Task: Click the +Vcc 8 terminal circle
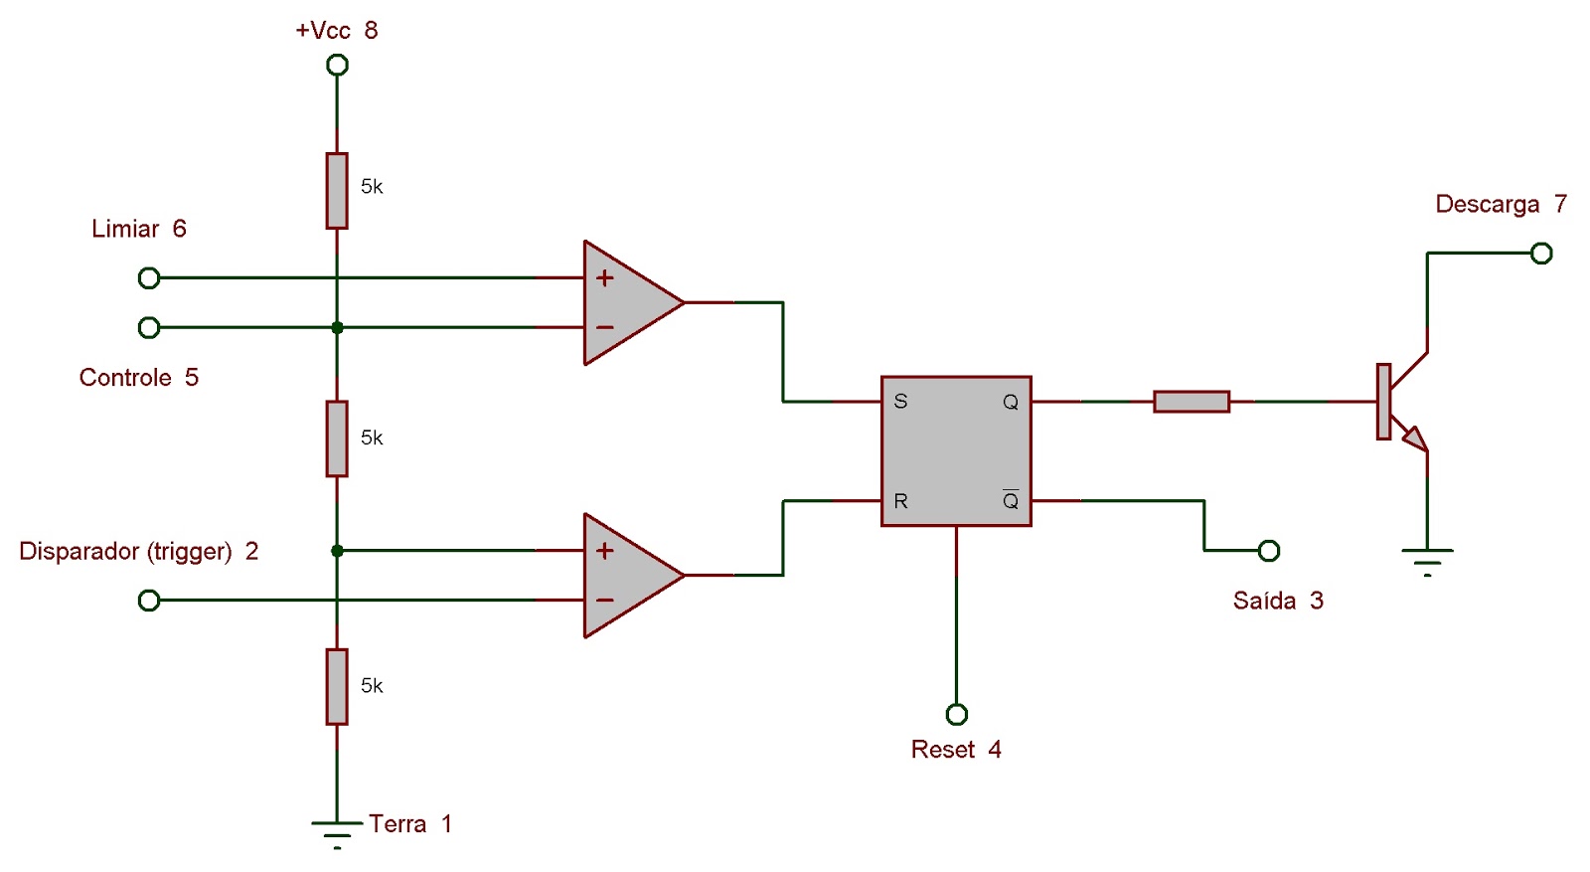click(338, 66)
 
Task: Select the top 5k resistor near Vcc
click(337, 191)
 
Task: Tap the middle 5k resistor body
click(337, 438)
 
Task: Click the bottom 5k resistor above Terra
click(337, 686)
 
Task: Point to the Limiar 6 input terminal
click(149, 278)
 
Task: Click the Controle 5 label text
click(138, 378)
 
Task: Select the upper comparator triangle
click(626, 302)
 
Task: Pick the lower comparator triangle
click(626, 575)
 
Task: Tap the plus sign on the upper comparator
click(604, 278)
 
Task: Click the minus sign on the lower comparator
click(604, 601)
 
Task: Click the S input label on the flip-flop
click(900, 402)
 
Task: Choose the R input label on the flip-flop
click(900, 501)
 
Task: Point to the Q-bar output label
click(1011, 500)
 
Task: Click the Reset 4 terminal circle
click(956, 715)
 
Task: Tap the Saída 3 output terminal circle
click(1269, 551)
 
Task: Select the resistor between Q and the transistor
click(1192, 402)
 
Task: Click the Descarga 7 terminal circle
click(1541, 254)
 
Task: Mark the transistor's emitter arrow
click(1415, 438)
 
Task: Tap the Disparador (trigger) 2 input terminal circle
click(149, 601)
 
